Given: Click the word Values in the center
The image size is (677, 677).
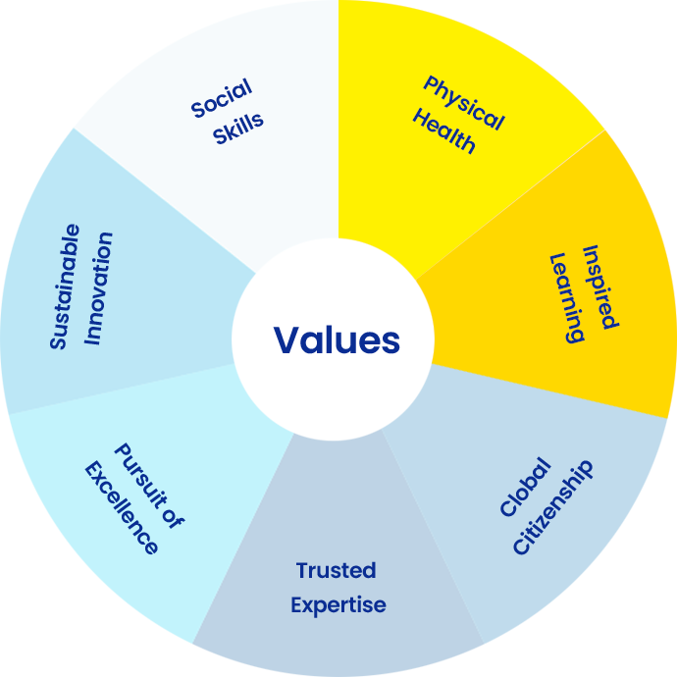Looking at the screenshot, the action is tap(337, 339).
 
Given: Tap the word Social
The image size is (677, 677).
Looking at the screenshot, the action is tap(222, 98).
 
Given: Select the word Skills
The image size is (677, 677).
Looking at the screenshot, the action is tap(237, 129).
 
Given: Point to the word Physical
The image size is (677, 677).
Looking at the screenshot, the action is tap(464, 103).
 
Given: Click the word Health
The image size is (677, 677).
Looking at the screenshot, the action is tap(444, 130).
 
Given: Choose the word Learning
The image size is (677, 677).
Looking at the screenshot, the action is tap(567, 298).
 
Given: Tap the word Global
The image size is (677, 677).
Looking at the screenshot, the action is tap(526, 487).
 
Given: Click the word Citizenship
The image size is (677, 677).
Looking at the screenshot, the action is tap(553, 507).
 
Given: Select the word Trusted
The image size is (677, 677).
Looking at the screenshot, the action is tap(336, 570).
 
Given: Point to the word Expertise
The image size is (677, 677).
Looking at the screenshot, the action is tap(338, 605).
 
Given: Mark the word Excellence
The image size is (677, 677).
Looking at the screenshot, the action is tap(122, 508).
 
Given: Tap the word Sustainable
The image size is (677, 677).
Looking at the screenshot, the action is tap(65, 286).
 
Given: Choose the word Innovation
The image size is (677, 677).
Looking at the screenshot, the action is tap(98, 288).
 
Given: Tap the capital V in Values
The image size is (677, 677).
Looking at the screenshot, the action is tap(289, 339).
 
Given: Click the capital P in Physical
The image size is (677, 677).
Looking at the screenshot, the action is tap(430, 83).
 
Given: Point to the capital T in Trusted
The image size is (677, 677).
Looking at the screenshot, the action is tap(303, 570).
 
